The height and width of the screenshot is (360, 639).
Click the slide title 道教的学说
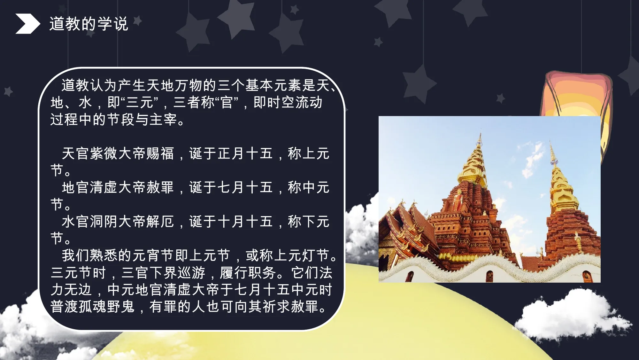pyautogui.click(x=89, y=24)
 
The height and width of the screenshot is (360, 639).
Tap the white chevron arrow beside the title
pyautogui.click(x=28, y=24)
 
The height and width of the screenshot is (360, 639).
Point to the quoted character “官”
pyautogui.click(x=227, y=103)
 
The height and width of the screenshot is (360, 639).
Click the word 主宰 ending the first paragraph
pyautogui.click(x=164, y=120)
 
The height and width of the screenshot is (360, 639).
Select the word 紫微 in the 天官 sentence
pyautogui.click(x=104, y=153)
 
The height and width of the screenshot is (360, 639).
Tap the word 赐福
pyautogui.click(x=160, y=153)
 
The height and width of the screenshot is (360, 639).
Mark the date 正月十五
pyautogui.click(x=245, y=153)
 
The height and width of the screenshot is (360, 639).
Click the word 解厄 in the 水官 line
pyautogui.click(x=160, y=222)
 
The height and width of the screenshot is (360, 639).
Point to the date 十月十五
pyautogui.click(x=245, y=222)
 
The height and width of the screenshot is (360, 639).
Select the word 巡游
pyautogui.click(x=191, y=273)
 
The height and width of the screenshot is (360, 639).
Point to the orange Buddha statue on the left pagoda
pyautogui.click(x=458, y=200)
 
